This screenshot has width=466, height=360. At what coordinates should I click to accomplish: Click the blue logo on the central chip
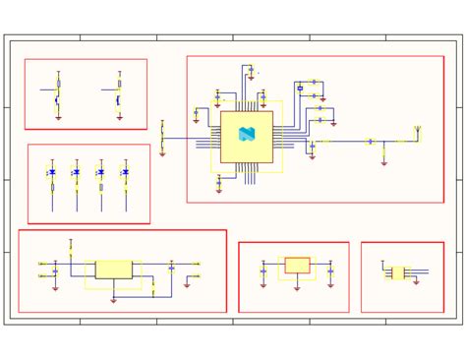(x=247, y=135)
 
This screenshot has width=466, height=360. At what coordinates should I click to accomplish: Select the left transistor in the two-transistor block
(x=58, y=96)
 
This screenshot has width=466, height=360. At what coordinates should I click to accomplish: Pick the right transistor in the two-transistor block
(x=119, y=96)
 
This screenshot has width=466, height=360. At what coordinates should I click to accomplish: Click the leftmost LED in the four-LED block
(x=52, y=172)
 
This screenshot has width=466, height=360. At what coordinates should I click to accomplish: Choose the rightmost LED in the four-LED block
(x=125, y=172)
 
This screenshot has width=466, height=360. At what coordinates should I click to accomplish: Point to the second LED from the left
(x=77, y=172)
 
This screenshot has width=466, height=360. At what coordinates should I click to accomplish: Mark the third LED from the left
(x=101, y=172)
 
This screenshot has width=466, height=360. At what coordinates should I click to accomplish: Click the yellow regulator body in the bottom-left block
(x=114, y=270)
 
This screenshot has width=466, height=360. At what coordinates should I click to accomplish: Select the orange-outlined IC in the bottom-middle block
(x=297, y=266)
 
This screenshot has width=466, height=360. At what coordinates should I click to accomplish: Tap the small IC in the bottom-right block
(x=397, y=272)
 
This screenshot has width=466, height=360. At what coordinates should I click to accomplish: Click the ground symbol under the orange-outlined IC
(x=297, y=288)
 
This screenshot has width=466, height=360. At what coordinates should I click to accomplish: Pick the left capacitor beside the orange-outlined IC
(x=263, y=271)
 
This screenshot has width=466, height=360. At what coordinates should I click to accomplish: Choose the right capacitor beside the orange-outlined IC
(x=330, y=271)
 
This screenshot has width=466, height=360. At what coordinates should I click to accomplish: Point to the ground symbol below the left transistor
(x=58, y=118)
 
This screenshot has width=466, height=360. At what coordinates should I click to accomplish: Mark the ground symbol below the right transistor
(x=119, y=118)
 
